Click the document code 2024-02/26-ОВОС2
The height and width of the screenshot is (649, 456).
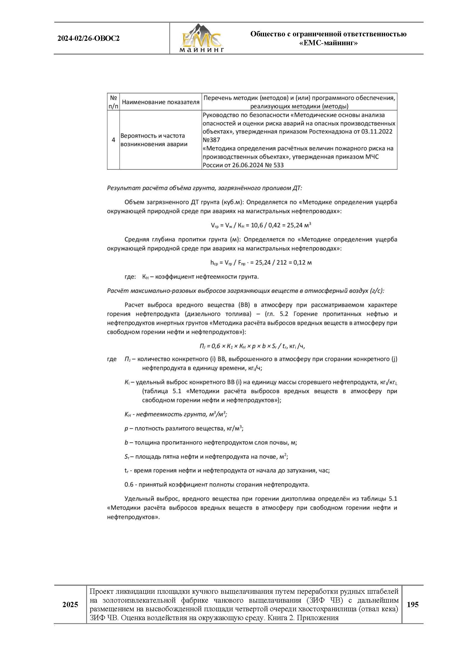coord(88,39)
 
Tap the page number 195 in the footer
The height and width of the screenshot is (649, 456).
coord(413,604)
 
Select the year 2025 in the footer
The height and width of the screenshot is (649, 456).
coord(70,605)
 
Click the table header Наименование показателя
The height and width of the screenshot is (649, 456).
coord(160,102)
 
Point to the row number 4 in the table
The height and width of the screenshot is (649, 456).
coord(113,140)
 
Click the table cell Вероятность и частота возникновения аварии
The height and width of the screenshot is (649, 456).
coord(154,140)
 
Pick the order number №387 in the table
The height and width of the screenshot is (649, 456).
coord(211,140)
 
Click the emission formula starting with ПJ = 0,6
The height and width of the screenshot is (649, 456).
coord(252,346)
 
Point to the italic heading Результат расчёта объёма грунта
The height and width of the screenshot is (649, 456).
coord(204,188)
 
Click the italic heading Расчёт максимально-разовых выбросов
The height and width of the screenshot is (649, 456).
coord(245,291)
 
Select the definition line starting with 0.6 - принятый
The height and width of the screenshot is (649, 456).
coord(217,484)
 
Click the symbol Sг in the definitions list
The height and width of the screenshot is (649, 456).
coord(127,456)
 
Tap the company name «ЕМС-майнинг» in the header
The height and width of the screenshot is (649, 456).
coord(328,43)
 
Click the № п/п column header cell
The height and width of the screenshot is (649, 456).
coord(113,102)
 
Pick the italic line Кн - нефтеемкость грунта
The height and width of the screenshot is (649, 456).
coord(176,414)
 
